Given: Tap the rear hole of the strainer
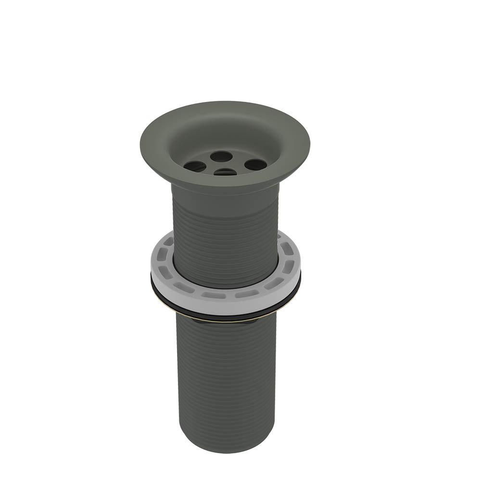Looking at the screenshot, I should (x=221, y=156).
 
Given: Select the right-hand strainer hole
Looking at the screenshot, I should (x=255, y=165).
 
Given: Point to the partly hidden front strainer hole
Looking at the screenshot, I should (x=225, y=172).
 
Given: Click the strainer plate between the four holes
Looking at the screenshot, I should (x=225, y=164).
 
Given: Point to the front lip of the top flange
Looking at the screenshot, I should (x=226, y=184).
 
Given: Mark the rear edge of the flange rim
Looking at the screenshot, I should (x=226, y=102).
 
